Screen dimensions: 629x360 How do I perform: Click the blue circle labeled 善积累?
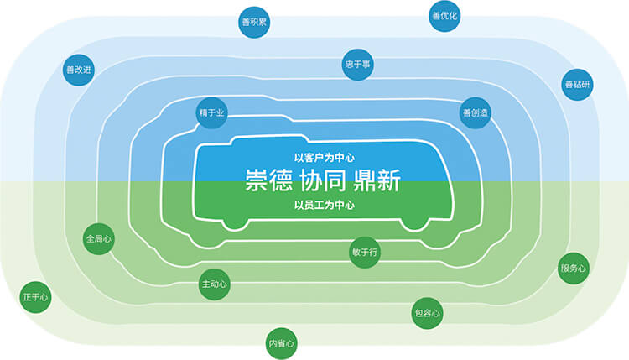(254, 22)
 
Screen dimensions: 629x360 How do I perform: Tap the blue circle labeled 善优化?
(444, 16)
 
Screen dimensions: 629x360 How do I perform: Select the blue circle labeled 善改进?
(79, 70)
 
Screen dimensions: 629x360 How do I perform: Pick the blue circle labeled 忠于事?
(358, 65)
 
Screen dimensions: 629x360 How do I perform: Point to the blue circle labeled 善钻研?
(577, 84)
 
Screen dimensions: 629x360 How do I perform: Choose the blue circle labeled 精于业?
(212, 112)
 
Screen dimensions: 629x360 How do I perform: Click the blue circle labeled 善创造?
(475, 112)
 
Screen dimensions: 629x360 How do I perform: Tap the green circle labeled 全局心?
(99, 239)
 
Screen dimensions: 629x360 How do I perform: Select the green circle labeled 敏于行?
(365, 252)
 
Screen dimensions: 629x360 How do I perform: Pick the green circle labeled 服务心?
(574, 268)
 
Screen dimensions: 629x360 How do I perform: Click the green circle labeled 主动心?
(214, 284)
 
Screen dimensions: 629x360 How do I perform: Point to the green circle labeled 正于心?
(35, 297)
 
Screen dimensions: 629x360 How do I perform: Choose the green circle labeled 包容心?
(427, 313)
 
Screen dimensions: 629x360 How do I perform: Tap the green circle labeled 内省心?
(281, 343)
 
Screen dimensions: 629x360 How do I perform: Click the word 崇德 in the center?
(268, 180)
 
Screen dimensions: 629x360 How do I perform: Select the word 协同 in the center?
(323, 180)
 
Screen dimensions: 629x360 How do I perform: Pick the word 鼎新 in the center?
(377, 180)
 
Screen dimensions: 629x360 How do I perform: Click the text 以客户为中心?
(324, 158)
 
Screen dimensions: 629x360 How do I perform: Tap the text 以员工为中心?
(324, 205)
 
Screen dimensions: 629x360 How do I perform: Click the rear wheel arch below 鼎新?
(414, 225)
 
